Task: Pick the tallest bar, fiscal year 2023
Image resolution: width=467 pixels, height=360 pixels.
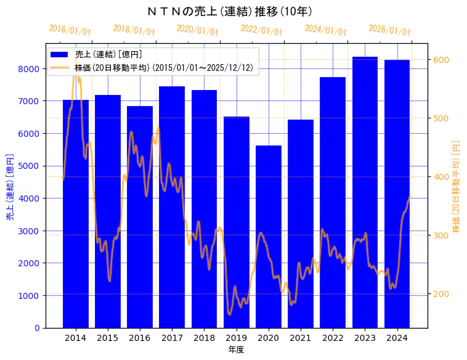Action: click(x=365, y=192)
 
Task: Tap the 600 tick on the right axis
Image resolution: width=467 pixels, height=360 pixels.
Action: click(x=441, y=60)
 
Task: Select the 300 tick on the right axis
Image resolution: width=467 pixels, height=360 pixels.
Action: click(x=441, y=235)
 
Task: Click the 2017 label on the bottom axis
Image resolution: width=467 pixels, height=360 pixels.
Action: click(x=172, y=338)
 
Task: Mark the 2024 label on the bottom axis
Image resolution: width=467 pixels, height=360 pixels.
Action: click(x=397, y=338)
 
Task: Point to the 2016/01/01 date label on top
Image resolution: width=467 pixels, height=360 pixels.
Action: click(x=70, y=30)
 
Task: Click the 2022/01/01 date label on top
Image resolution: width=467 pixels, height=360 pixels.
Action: click(x=262, y=30)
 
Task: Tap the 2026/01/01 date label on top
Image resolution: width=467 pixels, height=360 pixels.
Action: click(x=389, y=30)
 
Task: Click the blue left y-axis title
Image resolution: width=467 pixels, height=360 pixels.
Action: click(x=10, y=187)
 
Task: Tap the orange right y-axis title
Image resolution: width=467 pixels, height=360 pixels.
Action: click(x=457, y=186)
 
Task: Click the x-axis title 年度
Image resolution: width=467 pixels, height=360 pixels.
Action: click(x=236, y=350)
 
